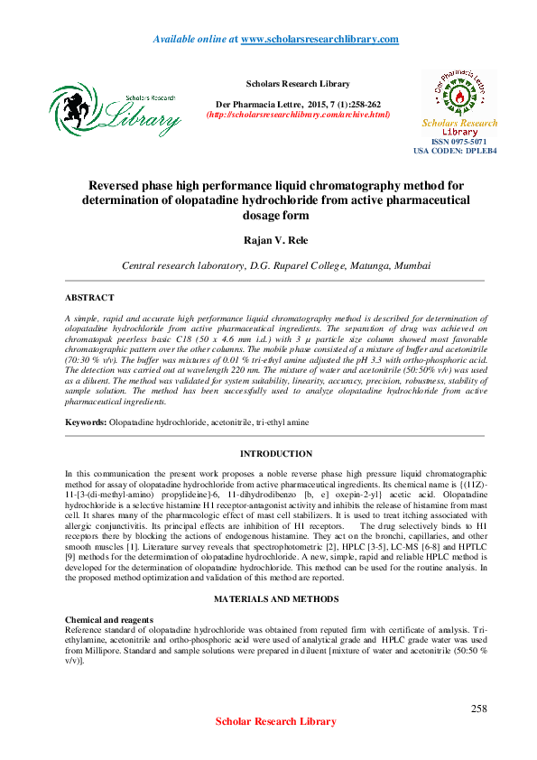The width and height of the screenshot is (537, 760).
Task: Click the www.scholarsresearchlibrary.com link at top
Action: tap(319, 39)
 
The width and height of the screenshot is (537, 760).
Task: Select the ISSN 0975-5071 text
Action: tap(459, 142)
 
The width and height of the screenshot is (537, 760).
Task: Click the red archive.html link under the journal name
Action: tap(298, 115)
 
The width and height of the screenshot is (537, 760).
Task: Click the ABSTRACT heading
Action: tap(89, 297)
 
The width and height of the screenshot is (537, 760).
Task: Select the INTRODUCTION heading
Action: tap(275, 453)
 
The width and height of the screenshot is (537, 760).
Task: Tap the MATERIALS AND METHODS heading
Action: tap(275, 574)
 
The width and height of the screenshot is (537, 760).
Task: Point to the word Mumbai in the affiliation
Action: tap(411, 266)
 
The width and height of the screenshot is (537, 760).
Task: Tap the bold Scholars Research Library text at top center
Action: tap(292, 84)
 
